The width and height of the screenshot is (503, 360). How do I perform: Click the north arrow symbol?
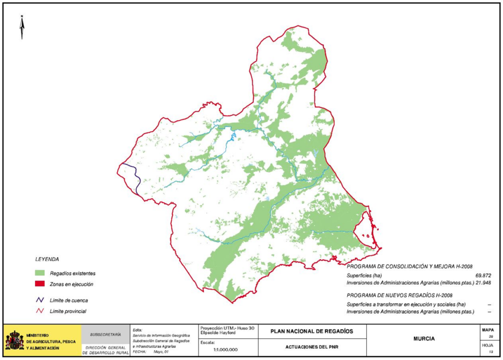pyautogui.click(x=22, y=28)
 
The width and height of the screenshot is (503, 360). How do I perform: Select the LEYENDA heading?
pyautogui.click(x=47, y=259)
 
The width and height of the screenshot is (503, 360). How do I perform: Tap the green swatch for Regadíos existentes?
pyautogui.click(x=40, y=273)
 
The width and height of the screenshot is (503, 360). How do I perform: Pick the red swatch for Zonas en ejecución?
pyautogui.click(x=40, y=284)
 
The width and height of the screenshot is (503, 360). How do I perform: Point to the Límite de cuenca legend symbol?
pyautogui.click(x=40, y=300)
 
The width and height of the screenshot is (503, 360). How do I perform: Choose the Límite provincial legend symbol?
pyautogui.click(x=40, y=311)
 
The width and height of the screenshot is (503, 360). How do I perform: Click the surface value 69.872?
pyautogui.click(x=483, y=276)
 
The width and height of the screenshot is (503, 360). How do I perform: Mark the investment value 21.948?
pyautogui.click(x=483, y=283)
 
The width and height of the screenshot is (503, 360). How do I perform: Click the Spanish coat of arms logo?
pyautogui.click(x=14, y=340)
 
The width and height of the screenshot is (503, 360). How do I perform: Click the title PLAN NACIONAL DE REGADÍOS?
pyautogui.click(x=311, y=331)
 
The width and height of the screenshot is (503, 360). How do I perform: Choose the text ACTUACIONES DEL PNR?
pyautogui.click(x=311, y=347)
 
